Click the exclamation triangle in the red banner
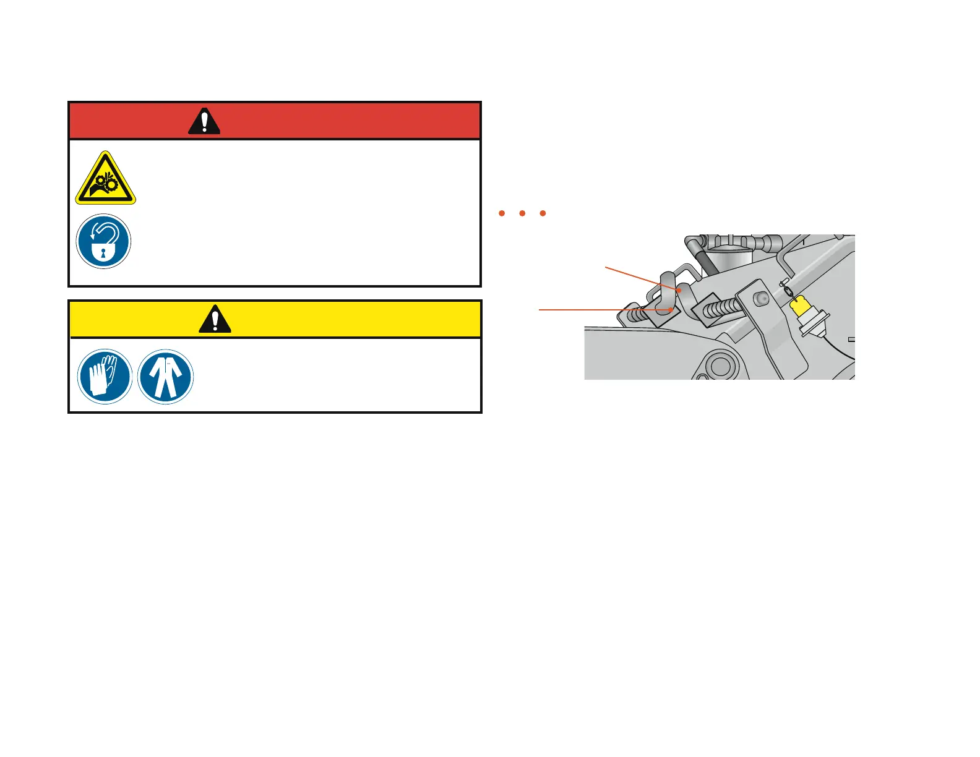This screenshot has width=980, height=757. (x=204, y=121)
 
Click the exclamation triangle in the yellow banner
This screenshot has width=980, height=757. (x=215, y=320)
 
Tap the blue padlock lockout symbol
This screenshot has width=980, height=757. (x=103, y=241)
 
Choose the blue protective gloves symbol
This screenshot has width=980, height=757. (x=105, y=376)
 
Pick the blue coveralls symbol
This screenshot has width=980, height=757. (x=165, y=376)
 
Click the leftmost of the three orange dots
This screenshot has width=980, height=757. (x=502, y=213)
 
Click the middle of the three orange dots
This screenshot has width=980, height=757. (x=522, y=213)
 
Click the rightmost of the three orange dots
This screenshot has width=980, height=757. (x=543, y=213)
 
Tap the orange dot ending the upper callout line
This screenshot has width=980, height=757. (x=679, y=289)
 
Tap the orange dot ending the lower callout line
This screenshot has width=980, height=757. (x=670, y=309)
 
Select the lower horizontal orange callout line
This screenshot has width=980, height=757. (x=603, y=309)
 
